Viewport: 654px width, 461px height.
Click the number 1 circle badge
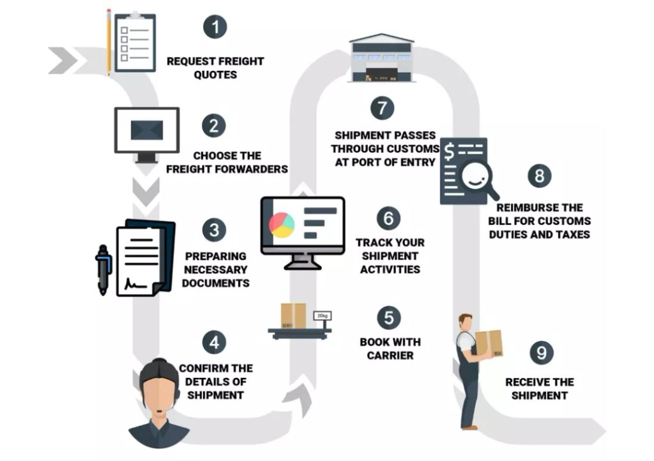pyautogui.click(x=215, y=27)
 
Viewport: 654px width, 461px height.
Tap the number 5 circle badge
pyautogui.click(x=388, y=318)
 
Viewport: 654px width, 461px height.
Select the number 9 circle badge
pyautogui.click(x=541, y=352)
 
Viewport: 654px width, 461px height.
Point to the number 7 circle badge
pyautogui.click(x=382, y=107)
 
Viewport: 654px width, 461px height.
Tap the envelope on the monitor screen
pyautogui.click(x=147, y=130)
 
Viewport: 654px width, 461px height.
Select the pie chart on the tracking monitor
pyautogui.click(x=282, y=225)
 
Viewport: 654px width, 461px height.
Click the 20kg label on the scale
pyautogui.click(x=321, y=316)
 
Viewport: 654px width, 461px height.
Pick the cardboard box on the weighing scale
pyautogui.click(x=294, y=315)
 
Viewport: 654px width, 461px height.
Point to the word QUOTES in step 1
pyautogui.click(x=215, y=75)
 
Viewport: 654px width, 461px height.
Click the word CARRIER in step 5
pyautogui.click(x=390, y=356)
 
